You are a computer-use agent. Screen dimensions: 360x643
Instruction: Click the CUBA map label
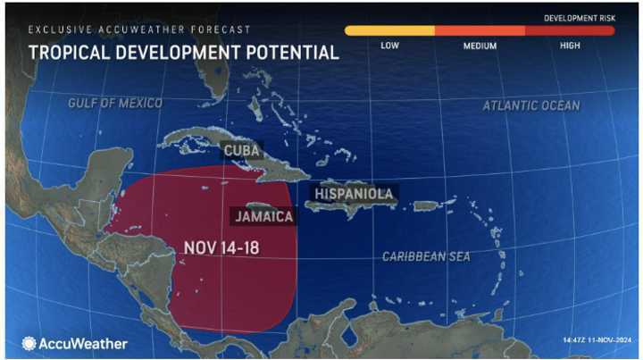click(242, 150)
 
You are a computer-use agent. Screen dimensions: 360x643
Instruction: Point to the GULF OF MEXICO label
click(116, 104)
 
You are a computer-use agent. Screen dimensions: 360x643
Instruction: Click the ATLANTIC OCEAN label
click(531, 105)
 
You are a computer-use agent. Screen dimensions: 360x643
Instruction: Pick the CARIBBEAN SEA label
click(426, 256)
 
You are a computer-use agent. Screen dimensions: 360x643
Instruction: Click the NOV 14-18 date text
click(222, 247)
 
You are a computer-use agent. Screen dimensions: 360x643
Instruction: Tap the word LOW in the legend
click(389, 45)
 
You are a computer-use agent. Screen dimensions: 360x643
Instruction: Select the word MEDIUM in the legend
click(480, 45)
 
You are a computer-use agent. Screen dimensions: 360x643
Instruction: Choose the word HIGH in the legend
click(570, 45)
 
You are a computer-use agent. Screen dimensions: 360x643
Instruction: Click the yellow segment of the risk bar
click(389, 30)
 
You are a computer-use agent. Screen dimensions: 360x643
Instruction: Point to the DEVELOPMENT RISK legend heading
click(580, 17)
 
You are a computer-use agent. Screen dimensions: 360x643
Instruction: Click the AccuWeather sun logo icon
click(29, 343)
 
